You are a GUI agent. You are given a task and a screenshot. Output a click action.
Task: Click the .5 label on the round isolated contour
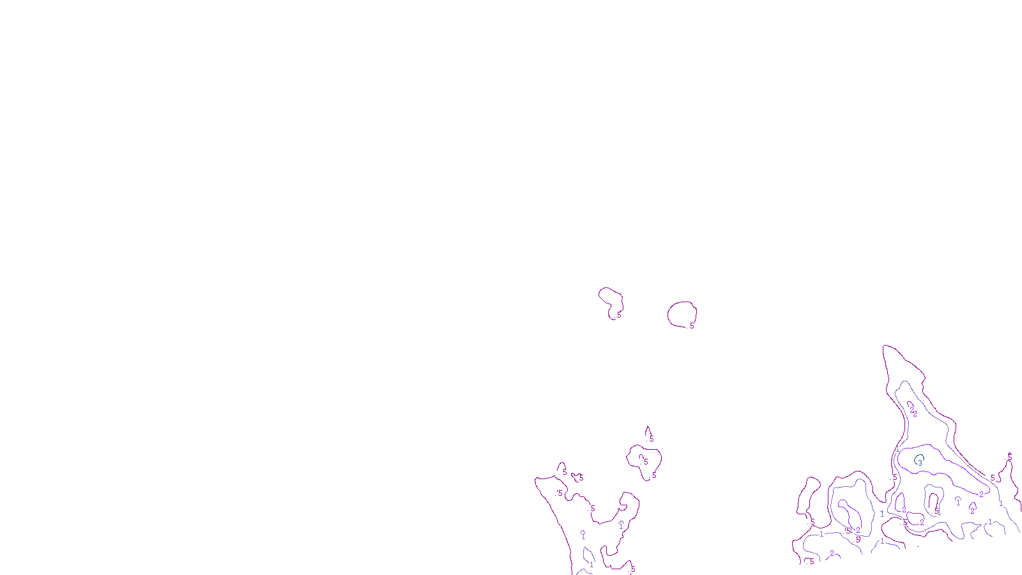coord(690,325)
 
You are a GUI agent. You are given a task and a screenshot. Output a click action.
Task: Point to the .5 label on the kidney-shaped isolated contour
coord(618,315)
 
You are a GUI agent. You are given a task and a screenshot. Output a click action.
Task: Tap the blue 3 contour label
coord(920,460)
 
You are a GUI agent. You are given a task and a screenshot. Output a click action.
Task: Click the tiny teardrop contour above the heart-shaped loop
coord(648,433)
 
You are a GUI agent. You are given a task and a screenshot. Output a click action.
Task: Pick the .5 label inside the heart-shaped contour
coord(645,461)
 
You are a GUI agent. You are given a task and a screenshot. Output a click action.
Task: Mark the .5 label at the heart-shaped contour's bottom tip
coord(653,475)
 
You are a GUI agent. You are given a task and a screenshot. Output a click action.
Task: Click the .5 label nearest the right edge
coord(1009,457)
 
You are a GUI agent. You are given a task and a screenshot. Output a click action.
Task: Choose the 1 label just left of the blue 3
coord(897,449)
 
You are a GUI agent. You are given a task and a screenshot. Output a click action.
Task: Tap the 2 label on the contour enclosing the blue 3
coord(981,494)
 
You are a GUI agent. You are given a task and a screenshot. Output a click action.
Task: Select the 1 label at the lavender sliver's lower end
coord(591,565)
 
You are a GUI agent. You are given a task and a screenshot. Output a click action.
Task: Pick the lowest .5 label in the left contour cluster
coord(632,569)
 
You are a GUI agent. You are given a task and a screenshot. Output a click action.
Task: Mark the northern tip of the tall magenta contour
coord(885,347)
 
